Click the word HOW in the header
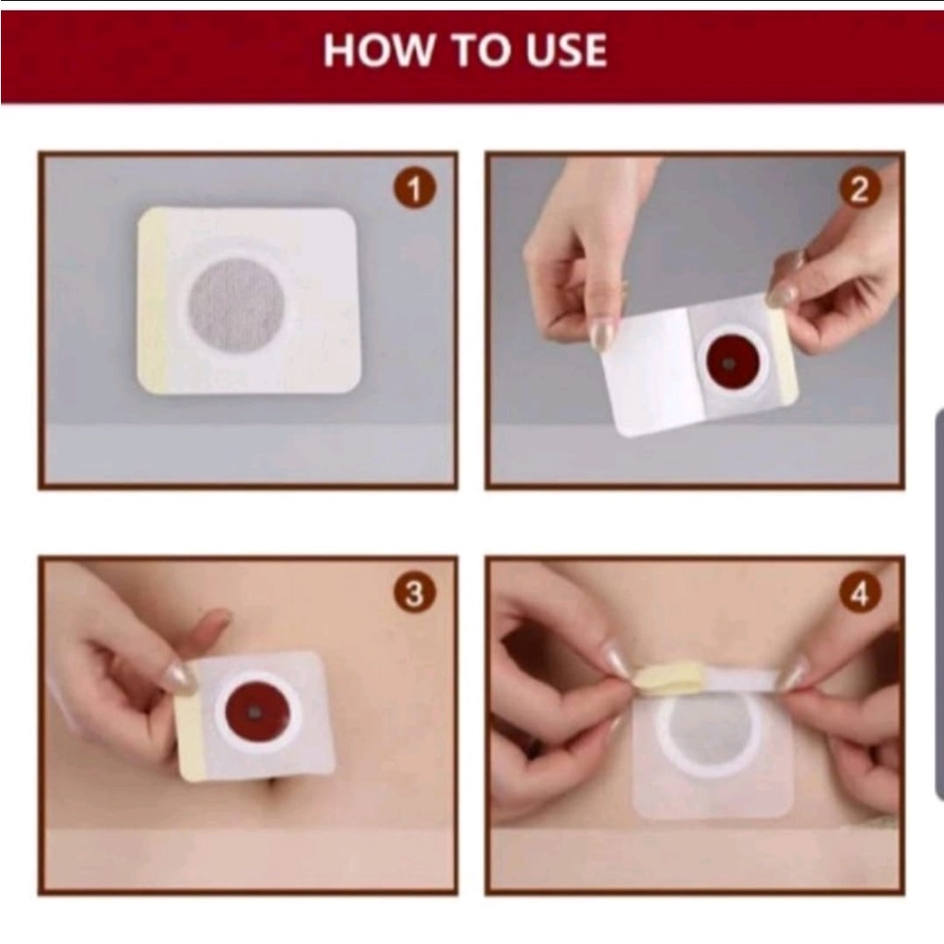coord(377,50)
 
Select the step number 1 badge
coord(415,190)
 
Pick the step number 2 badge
coord(860,190)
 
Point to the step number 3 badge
coord(415,595)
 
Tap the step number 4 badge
coord(860,595)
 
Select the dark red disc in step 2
coord(735,361)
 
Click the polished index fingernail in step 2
coord(602,336)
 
